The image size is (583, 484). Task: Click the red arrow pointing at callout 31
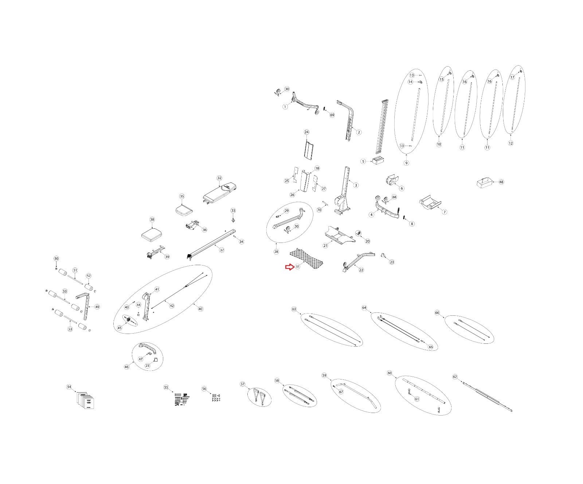click(x=289, y=267)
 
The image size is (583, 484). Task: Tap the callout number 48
click(x=501, y=182)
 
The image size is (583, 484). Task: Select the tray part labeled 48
click(x=485, y=182)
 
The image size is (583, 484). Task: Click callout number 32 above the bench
click(x=219, y=178)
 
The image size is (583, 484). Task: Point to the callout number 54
click(x=69, y=387)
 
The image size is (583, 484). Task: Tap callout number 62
click(x=455, y=377)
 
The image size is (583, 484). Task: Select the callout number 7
click(x=444, y=212)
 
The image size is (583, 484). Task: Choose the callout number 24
click(x=306, y=132)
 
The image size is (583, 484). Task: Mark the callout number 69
click(x=332, y=115)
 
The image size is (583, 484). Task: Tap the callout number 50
click(x=56, y=259)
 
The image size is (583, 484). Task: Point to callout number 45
click(x=120, y=328)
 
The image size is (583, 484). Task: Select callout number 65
click(x=431, y=347)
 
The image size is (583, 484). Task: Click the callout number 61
click(x=417, y=399)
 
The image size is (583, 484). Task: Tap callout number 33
click(x=233, y=210)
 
